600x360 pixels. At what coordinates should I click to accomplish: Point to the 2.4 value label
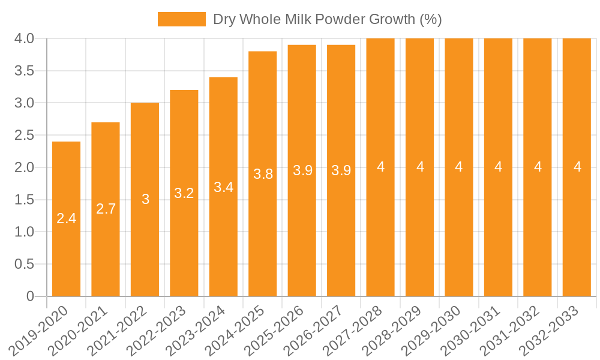click(66, 218)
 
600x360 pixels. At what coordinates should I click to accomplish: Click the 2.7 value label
click(106, 209)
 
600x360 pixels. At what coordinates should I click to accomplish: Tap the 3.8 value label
click(263, 174)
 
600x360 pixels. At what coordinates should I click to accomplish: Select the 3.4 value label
click(223, 187)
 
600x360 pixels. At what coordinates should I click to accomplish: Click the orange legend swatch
click(181, 19)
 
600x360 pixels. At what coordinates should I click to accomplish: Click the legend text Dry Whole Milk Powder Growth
click(327, 19)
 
